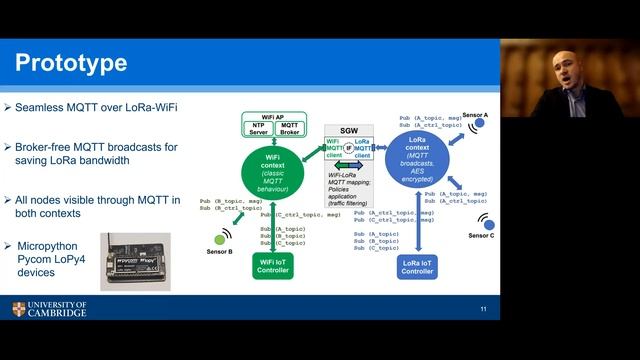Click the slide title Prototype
(71, 64)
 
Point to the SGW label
(350, 131)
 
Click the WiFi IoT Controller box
(273, 267)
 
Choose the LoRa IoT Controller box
(416, 267)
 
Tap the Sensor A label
(476, 116)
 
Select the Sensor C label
(482, 235)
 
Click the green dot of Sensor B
(219, 238)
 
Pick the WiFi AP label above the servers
(273, 117)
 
